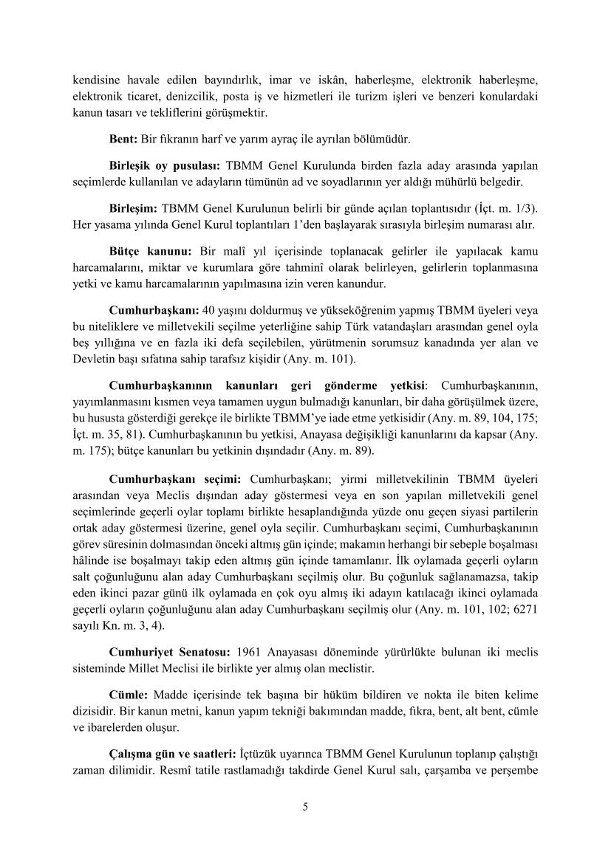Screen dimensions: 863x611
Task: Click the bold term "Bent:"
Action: pyautogui.click(x=123, y=139)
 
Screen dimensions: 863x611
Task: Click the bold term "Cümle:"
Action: pyautogui.click(x=129, y=695)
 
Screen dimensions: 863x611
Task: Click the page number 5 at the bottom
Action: pyautogui.click(x=305, y=806)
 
